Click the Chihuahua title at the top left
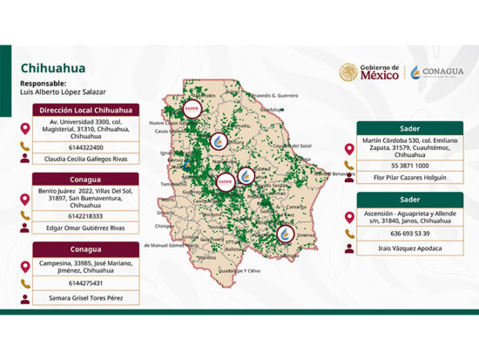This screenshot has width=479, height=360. (x=52, y=67)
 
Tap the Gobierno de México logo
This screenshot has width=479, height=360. (x=370, y=72)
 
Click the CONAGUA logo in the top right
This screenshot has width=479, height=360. (x=438, y=72)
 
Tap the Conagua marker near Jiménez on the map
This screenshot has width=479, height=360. (x=285, y=234)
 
